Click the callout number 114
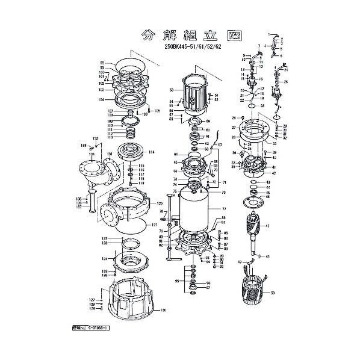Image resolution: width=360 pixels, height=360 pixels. pos(152,152)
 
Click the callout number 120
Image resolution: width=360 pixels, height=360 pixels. pos(160,203)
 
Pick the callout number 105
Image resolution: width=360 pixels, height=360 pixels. pos(158,111)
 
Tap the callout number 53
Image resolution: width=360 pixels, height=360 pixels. pos(172,89)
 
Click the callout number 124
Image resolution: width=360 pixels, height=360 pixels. pos(104,259)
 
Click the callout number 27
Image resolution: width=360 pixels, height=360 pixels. pos(233,128)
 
